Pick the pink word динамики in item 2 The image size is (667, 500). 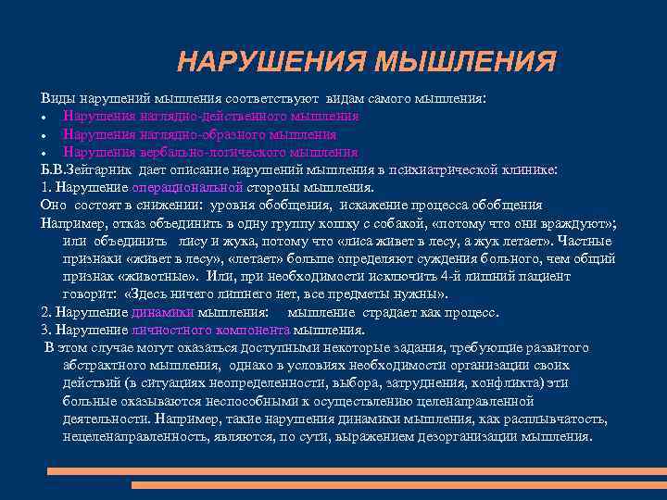[162, 313]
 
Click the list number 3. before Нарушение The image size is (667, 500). [46, 330]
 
